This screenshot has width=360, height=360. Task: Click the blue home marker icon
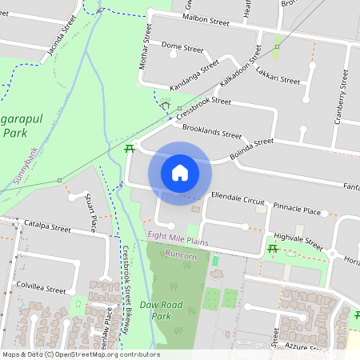[x=180, y=172]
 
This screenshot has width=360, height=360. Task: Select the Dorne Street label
[x=182, y=49]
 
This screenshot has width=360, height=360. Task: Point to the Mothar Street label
[x=146, y=46]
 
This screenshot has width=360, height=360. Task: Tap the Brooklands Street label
[x=212, y=132]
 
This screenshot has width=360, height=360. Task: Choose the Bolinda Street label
[x=251, y=148]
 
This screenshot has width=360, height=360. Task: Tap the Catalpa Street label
[x=47, y=226]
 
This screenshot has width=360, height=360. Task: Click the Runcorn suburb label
[x=182, y=254]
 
